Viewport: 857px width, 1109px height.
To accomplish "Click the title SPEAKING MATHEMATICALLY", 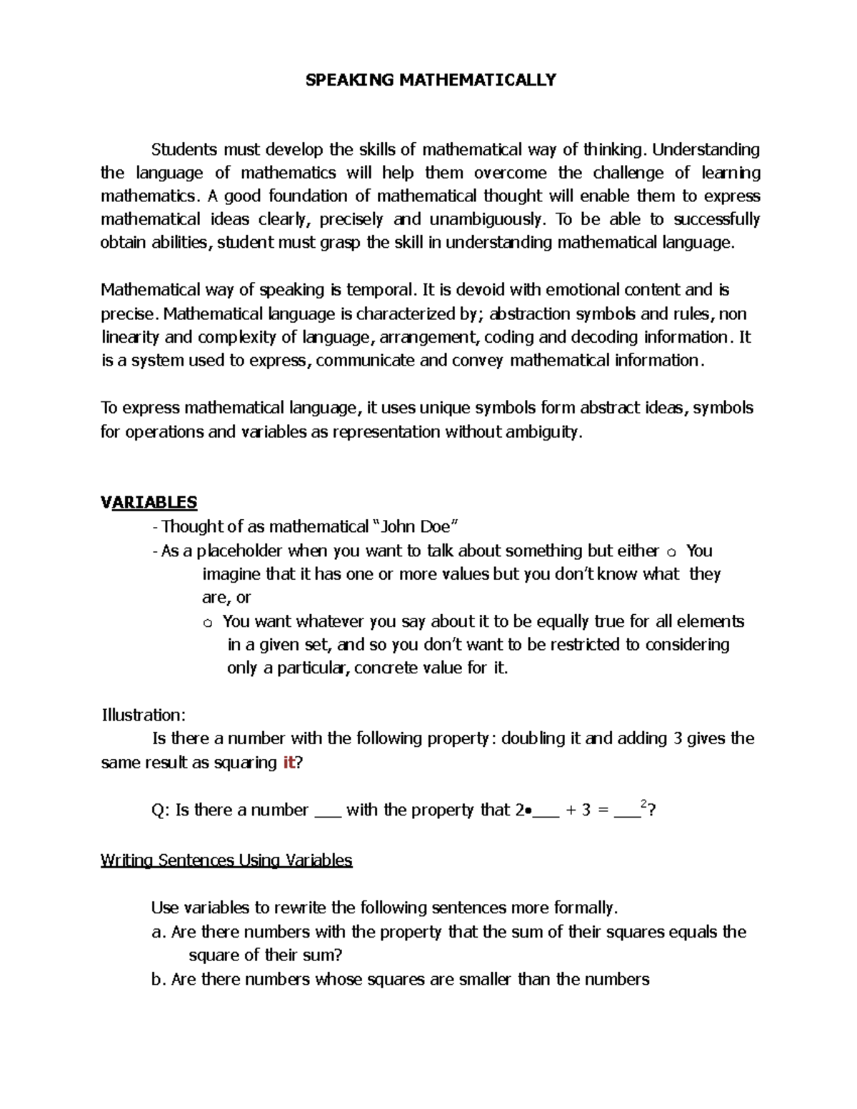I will click(x=431, y=79).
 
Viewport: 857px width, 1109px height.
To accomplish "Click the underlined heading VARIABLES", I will click(x=149, y=502).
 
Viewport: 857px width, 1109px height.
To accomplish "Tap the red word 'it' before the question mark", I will click(x=289, y=762).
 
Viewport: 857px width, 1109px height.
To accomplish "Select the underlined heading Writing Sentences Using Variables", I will click(x=226, y=860).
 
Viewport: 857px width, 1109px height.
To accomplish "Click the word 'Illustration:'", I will click(x=144, y=715).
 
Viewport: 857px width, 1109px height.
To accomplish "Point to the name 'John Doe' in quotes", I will click(x=416, y=527).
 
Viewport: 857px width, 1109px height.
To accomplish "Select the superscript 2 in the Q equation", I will click(x=644, y=804).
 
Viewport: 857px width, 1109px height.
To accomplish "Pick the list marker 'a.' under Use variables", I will click(x=159, y=932).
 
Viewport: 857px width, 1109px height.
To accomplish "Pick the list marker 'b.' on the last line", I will click(x=159, y=979).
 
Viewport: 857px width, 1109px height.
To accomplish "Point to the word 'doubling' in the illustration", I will click(x=533, y=738).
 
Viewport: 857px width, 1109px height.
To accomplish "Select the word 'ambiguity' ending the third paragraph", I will click(x=544, y=432).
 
